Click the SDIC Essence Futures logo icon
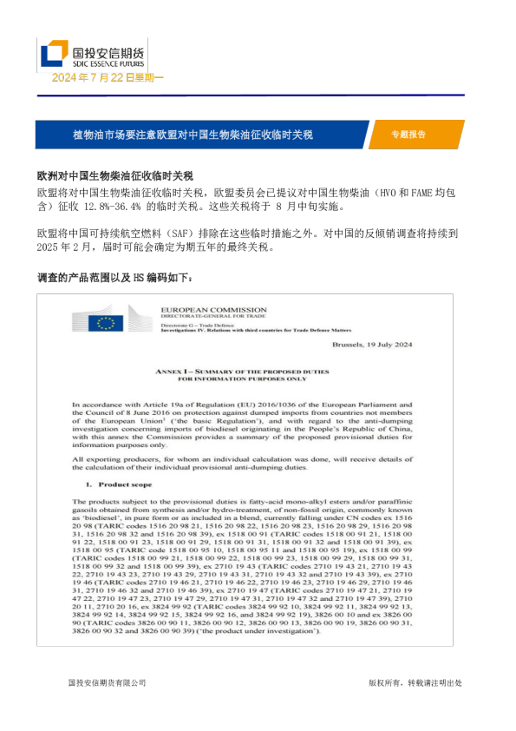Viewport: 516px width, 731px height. pyautogui.click(x=54, y=54)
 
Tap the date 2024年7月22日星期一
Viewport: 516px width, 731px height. pyautogui.click(x=108, y=78)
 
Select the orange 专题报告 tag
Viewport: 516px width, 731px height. pyautogui.click(x=408, y=135)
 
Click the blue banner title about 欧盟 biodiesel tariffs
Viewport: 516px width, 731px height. pyautogui.click(x=193, y=135)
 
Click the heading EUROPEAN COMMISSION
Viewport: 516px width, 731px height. pyautogui.click(x=213, y=310)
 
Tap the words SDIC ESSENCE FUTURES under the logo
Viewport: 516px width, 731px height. pyautogui.click(x=108, y=64)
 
